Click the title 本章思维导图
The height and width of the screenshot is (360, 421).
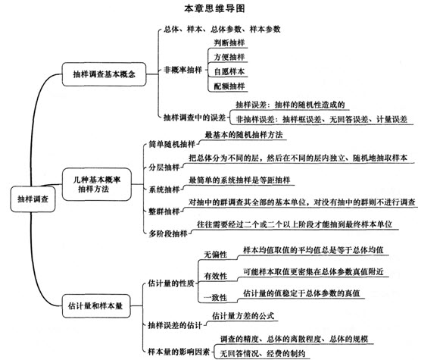214,8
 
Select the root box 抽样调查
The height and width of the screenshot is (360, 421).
33,199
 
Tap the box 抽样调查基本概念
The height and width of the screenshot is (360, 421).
104,74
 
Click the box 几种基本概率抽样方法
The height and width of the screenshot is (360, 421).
97,184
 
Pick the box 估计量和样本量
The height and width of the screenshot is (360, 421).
96,306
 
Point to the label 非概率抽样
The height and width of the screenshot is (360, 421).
182,70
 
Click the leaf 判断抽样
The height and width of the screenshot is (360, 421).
229,42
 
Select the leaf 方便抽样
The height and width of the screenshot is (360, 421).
229,57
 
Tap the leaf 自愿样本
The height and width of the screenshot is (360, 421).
229,71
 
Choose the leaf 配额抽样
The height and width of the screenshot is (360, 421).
229,86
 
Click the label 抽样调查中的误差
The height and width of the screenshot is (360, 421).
195,117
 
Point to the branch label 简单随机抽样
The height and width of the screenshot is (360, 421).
172,144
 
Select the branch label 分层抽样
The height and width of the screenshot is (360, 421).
164,167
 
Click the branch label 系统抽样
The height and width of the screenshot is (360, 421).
164,189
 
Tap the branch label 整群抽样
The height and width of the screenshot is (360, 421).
164,211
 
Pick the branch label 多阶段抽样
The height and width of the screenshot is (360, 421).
168,233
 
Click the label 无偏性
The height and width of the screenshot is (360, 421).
215,255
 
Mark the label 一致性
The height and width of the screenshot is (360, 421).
215,298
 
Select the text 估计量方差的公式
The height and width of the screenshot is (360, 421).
243,316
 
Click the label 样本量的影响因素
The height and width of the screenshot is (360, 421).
179,352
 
